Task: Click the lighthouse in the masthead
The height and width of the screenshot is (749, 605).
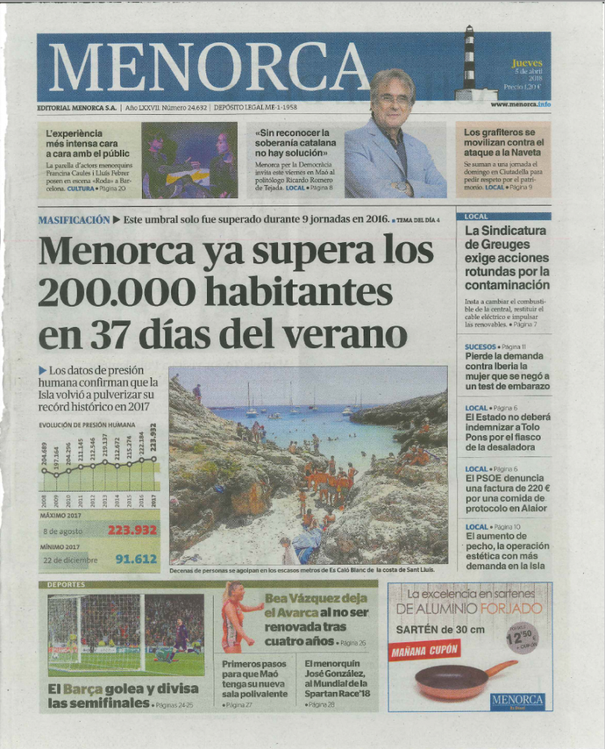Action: (x=470, y=62)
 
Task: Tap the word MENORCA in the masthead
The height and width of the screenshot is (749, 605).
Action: (x=208, y=67)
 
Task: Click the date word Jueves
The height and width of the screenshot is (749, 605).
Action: (x=527, y=64)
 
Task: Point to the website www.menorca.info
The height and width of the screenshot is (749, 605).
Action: (x=520, y=105)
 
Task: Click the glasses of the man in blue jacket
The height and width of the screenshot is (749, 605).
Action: (x=394, y=99)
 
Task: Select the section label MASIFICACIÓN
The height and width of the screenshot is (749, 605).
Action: (x=74, y=219)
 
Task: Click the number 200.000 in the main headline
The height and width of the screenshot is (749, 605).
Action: (x=116, y=293)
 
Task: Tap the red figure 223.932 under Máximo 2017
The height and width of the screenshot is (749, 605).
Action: (x=132, y=530)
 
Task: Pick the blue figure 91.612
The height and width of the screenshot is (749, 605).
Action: (x=136, y=560)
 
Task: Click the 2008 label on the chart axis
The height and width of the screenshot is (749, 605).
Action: (x=44, y=501)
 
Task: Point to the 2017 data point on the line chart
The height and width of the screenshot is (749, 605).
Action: (x=154, y=459)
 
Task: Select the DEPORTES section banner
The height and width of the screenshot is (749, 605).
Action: (x=67, y=584)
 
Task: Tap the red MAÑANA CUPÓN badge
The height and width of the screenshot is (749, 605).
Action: (x=424, y=650)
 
